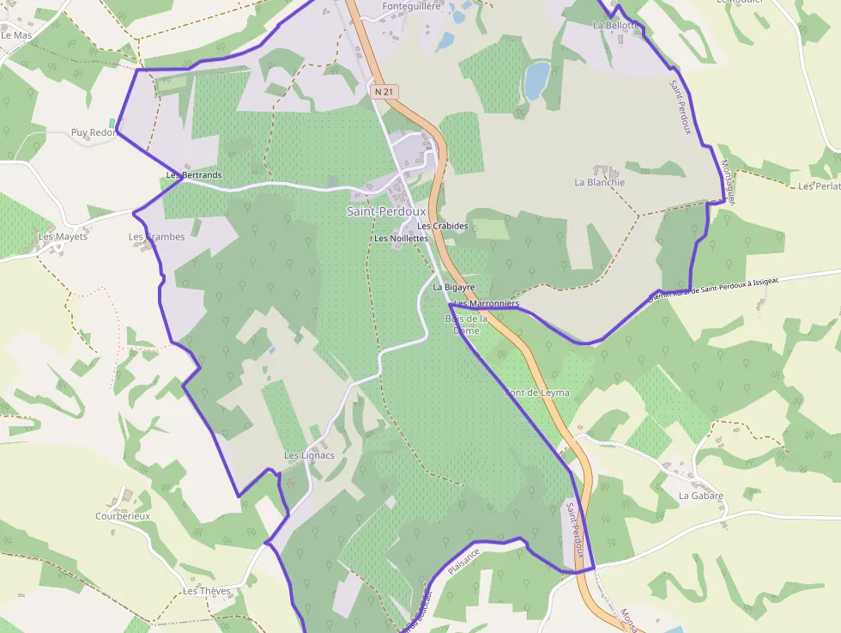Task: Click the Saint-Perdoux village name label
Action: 386,211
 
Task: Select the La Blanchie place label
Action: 599,182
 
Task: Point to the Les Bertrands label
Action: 194,175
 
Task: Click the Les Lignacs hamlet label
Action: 309,454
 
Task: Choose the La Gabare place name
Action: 701,496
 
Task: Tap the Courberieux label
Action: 123,516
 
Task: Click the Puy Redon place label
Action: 93,133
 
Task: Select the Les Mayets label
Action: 63,236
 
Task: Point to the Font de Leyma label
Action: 537,393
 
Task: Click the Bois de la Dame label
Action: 466,325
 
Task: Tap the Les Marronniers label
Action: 487,304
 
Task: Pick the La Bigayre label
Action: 454,287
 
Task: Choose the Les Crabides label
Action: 443,226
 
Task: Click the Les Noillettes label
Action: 401,238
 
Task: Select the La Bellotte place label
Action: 616,25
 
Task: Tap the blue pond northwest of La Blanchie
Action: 537,78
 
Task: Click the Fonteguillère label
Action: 412,6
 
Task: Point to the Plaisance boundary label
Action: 463,563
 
